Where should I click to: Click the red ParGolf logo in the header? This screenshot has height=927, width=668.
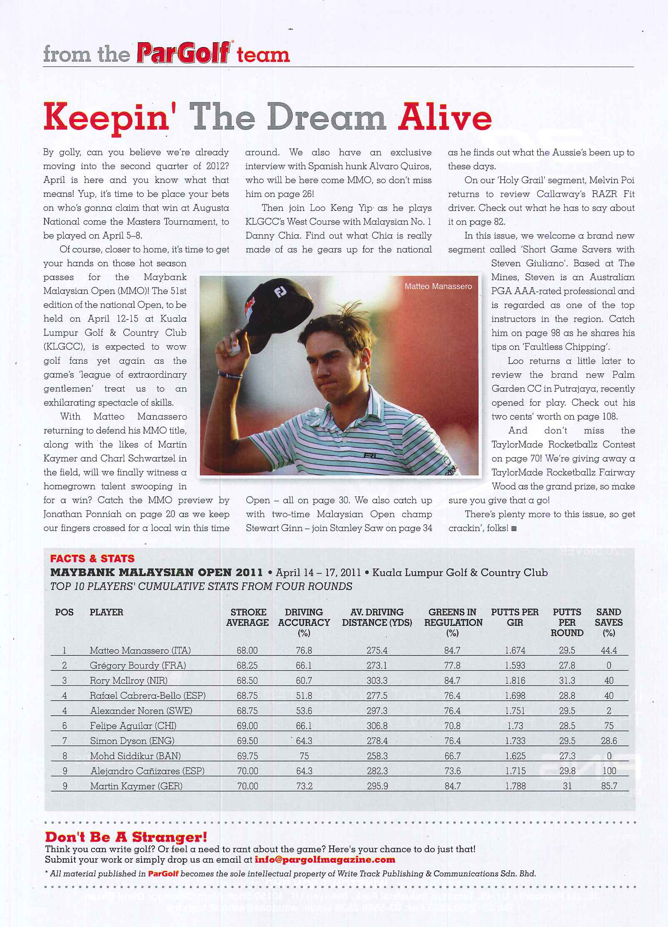pyautogui.click(x=183, y=53)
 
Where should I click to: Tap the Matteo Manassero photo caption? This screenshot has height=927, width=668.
pyautogui.click(x=438, y=286)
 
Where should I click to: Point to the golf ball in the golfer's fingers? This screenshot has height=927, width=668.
pyautogui.click(x=235, y=350)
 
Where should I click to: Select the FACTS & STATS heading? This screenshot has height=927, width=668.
pyautogui.click(x=92, y=558)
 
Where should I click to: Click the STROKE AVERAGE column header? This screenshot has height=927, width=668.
pyautogui.click(x=248, y=617)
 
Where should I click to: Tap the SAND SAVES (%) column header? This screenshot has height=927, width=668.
pyautogui.click(x=608, y=622)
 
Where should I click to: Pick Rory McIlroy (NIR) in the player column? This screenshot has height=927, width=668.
pyautogui.click(x=128, y=680)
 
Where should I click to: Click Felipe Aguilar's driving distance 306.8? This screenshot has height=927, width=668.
pyautogui.click(x=377, y=726)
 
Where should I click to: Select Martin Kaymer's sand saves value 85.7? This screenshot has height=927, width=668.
pyautogui.click(x=609, y=786)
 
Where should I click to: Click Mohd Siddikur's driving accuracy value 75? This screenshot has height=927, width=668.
pyautogui.click(x=304, y=756)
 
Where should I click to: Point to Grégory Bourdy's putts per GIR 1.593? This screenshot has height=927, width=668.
pyautogui.click(x=515, y=665)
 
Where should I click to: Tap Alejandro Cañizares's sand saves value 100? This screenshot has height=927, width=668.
pyautogui.click(x=609, y=771)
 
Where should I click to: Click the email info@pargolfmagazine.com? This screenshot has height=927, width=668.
pyautogui.click(x=325, y=860)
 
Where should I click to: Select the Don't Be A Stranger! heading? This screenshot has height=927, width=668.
pyautogui.click(x=126, y=837)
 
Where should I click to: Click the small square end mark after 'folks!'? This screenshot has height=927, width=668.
pyautogui.click(x=514, y=529)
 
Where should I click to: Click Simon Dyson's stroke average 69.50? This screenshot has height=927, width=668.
pyautogui.click(x=247, y=741)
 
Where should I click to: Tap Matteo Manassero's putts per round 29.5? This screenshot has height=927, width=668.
pyautogui.click(x=567, y=650)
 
